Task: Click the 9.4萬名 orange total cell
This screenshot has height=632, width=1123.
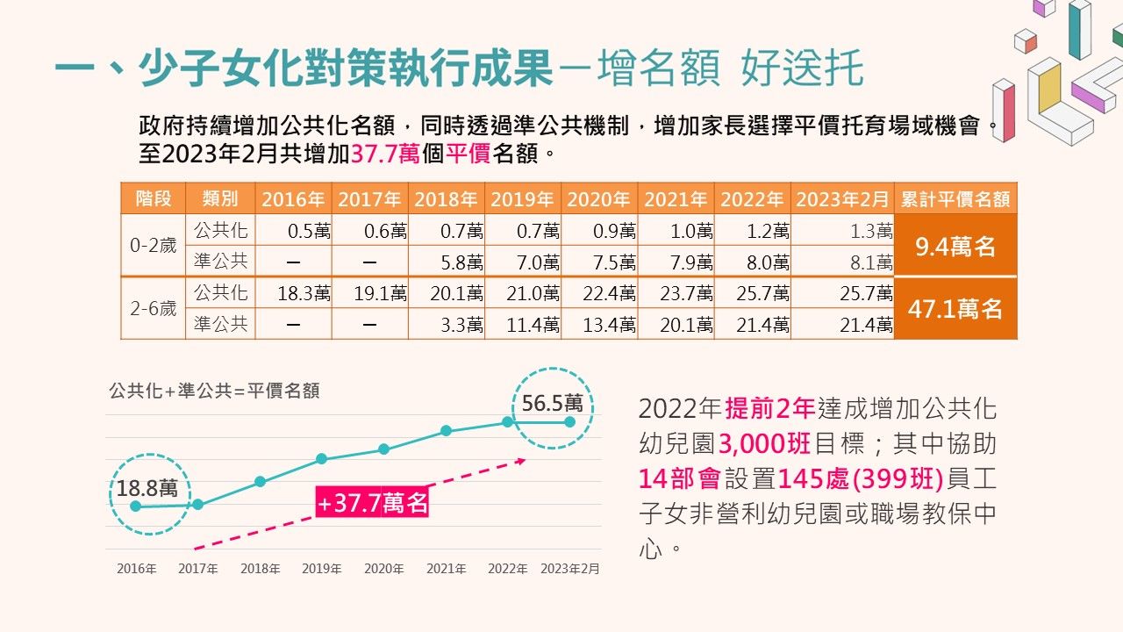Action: pos(955,247)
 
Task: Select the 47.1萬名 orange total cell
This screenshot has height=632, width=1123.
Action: pos(955,308)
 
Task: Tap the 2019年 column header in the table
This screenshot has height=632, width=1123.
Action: pos(522,199)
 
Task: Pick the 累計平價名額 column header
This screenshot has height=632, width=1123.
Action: pos(955,199)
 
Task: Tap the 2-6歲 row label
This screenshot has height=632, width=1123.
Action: pos(153,309)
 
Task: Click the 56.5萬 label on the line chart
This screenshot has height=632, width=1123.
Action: pos(552,403)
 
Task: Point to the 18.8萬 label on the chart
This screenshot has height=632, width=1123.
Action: pos(147,487)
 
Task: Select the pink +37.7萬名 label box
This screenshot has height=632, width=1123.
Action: pos(373,503)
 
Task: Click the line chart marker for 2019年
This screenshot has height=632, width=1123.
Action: pos(322,459)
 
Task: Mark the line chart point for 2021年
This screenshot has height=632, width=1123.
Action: pos(446,431)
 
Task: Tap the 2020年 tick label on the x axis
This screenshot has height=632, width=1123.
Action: pos(383,569)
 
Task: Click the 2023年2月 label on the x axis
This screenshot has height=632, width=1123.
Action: pos(570,569)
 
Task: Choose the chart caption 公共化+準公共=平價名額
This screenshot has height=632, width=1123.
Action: pos(214,391)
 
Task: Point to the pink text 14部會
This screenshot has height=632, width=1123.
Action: pos(680,479)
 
